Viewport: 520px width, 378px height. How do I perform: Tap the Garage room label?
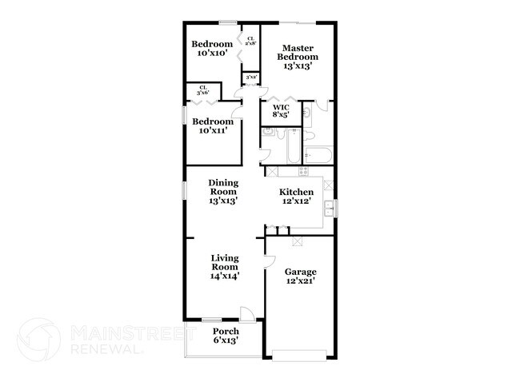pyautogui.click(x=301, y=277)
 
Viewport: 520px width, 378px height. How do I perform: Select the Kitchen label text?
pyautogui.click(x=295, y=197)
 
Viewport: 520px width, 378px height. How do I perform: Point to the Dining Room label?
pyautogui.click(x=224, y=193)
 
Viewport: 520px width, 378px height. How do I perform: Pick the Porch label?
pyautogui.click(x=225, y=336)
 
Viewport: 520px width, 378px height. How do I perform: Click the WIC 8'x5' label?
pyautogui.click(x=280, y=111)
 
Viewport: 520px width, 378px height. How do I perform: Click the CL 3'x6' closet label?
pyautogui.click(x=203, y=91)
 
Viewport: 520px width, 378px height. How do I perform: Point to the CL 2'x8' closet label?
pyautogui.click(x=250, y=41)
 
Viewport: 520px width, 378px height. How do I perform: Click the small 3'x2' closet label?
pyautogui.click(x=250, y=78)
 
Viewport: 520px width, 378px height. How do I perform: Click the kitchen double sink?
pyautogui.click(x=329, y=209)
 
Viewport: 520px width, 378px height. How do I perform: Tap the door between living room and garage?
pyautogui.click(x=270, y=261)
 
